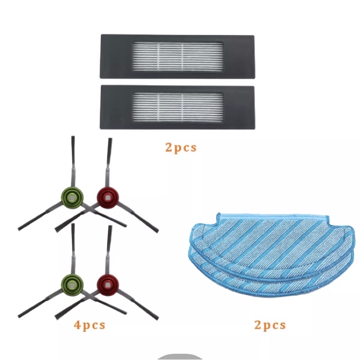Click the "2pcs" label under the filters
181,147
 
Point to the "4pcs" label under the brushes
90,324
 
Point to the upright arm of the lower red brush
108,245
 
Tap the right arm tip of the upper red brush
155,230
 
